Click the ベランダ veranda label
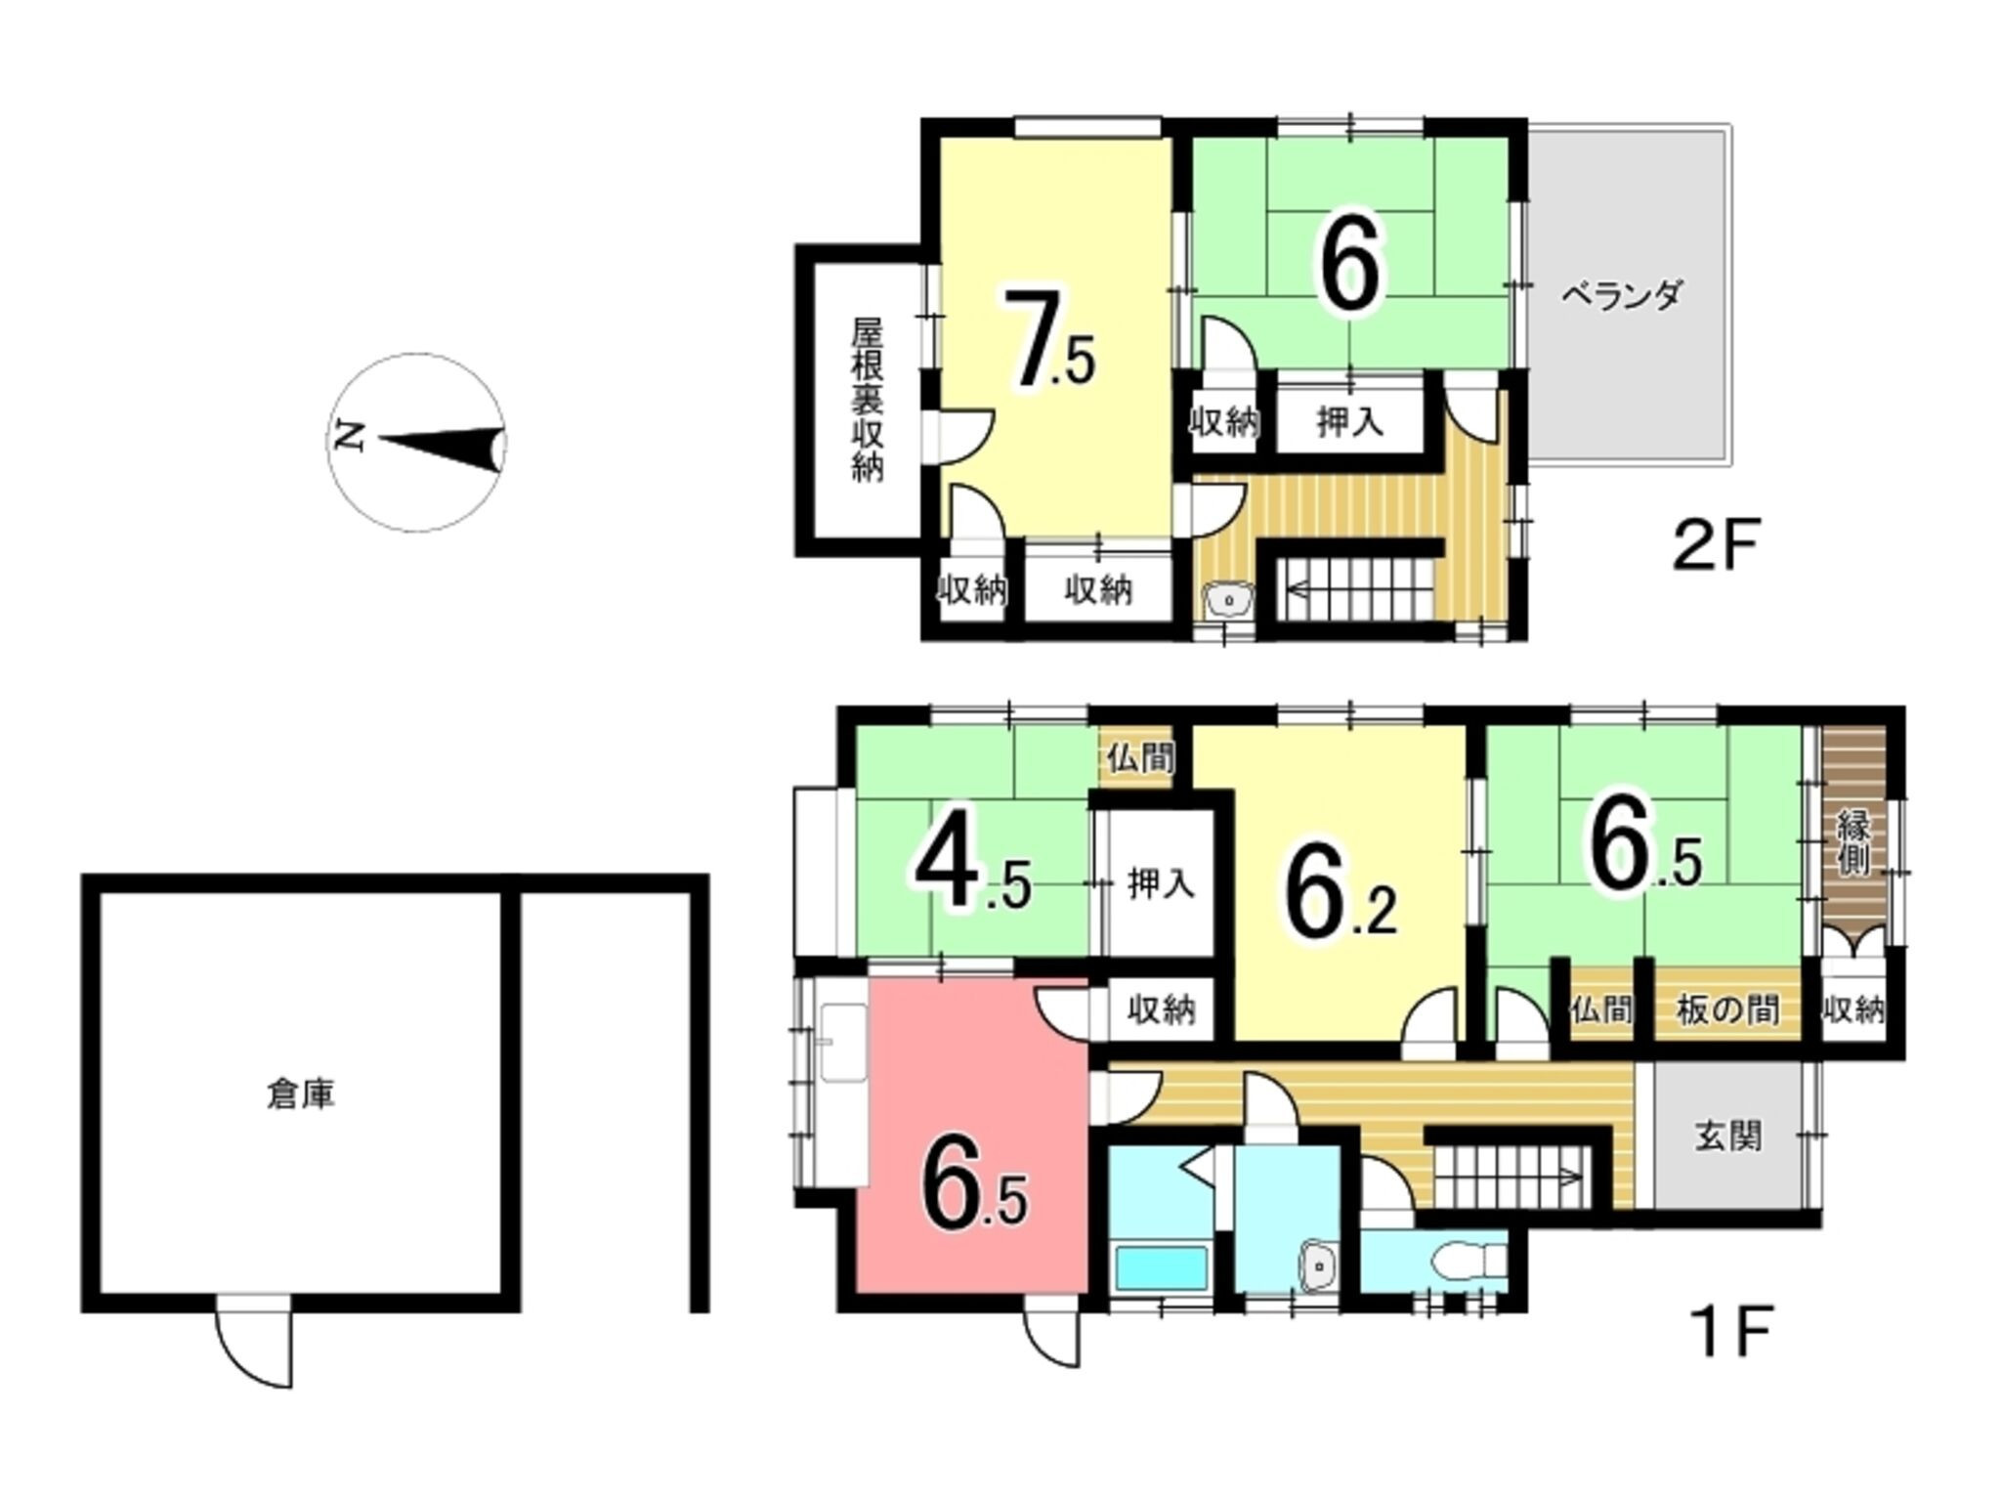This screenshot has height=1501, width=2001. pyautogui.click(x=1621, y=294)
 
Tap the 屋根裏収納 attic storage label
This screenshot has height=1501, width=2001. pyautogui.click(x=867, y=401)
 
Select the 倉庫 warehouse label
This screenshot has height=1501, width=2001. pyautogui.click(x=301, y=1095)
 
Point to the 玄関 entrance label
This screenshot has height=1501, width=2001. pyautogui.click(x=1728, y=1136)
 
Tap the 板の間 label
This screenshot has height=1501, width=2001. pyautogui.click(x=1727, y=1009)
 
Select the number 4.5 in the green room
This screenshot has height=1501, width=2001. pyautogui.click(x=972, y=871)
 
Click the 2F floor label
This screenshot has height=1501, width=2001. pyautogui.click(x=1715, y=547)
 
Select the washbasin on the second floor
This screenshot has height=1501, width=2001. pyautogui.click(x=1228, y=598)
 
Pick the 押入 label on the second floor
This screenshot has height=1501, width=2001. pyautogui.click(x=1349, y=422)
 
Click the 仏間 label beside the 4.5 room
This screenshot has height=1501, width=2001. pyautogui.click(x=1140, y=757)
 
